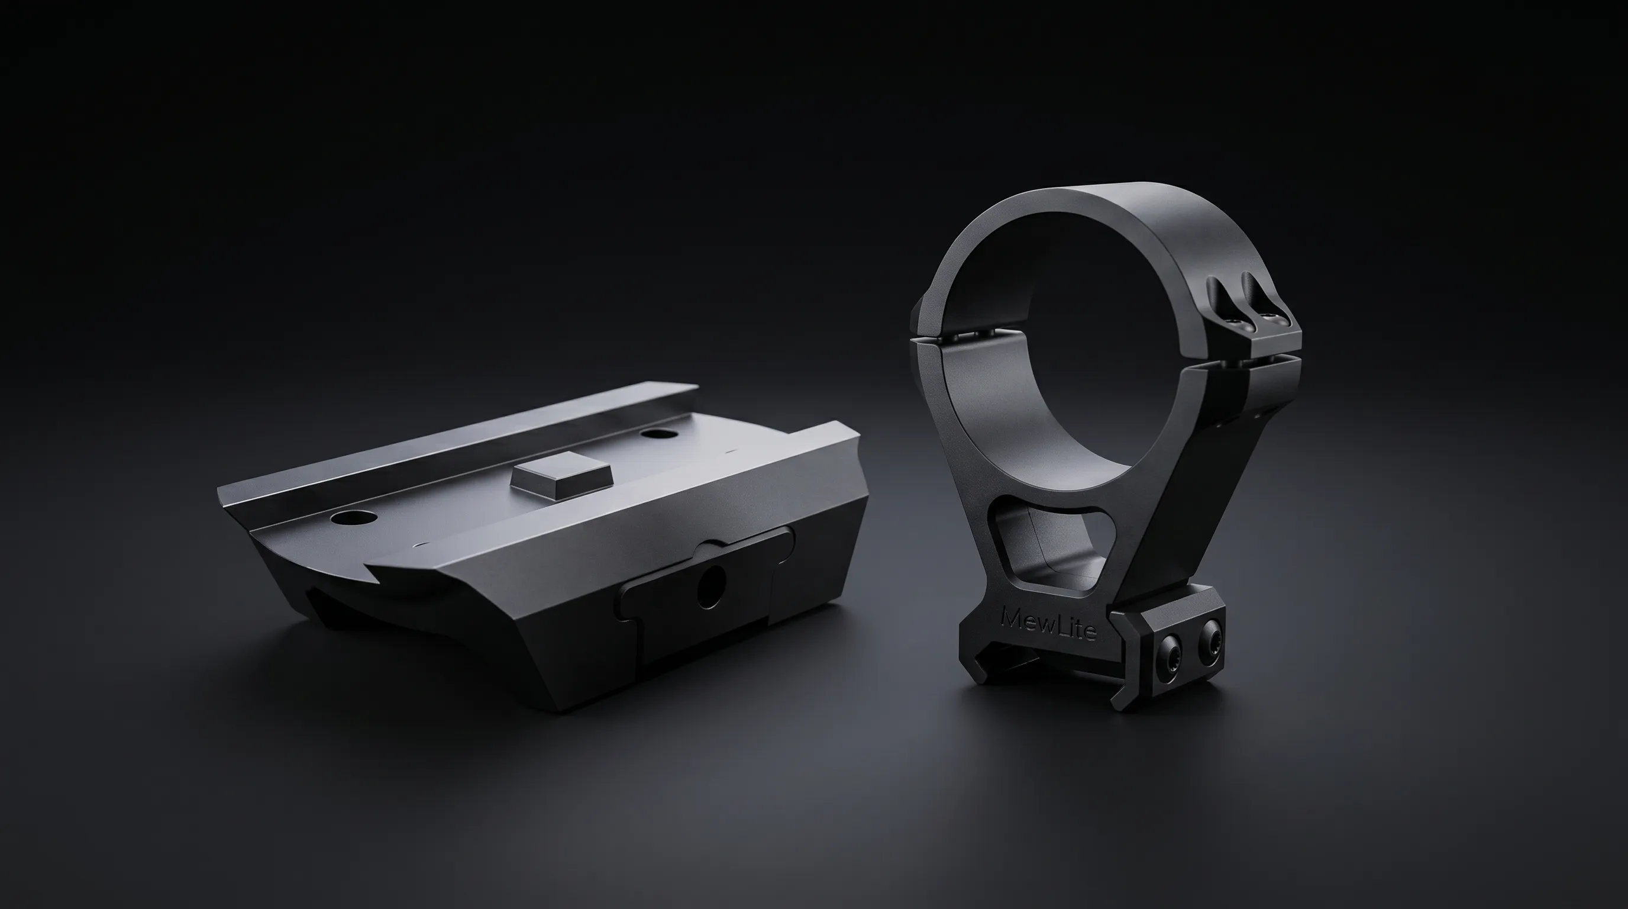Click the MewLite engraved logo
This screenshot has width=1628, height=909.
1049,624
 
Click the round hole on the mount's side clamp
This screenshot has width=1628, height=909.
712,586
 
